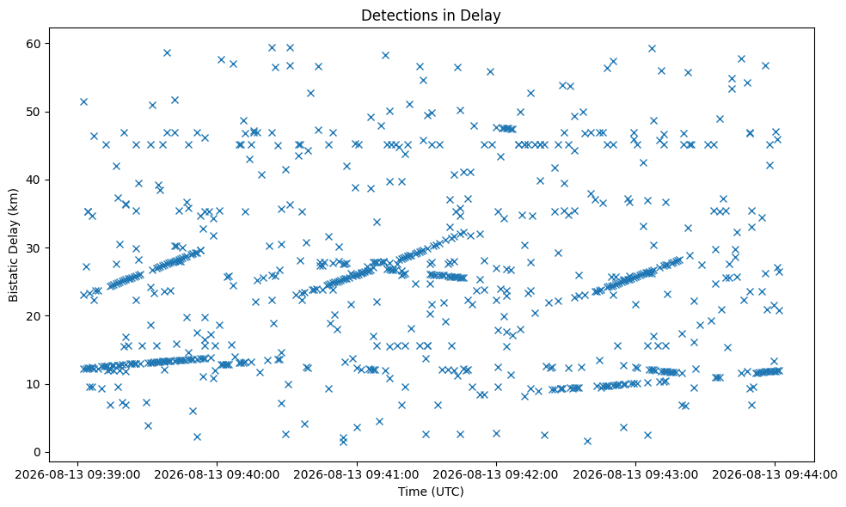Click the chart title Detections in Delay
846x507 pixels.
coord(431,15)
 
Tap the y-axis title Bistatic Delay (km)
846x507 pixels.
coord(13,245)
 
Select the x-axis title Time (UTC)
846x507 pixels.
coord(431,492)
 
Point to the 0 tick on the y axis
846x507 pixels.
coord(38,452)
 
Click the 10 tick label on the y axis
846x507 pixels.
coord(35,384)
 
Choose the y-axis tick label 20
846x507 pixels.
coord(35,316)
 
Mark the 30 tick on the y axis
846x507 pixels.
coord(35,248)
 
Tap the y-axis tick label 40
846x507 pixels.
coord(35,180)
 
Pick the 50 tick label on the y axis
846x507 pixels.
coord(35,112)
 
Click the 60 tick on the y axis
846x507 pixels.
coord(35,43)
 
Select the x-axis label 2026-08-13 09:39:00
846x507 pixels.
coord(77,475)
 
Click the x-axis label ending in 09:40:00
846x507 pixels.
coord(217,475)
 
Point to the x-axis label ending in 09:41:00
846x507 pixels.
coord(357,475)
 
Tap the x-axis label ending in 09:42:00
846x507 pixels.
coord(496,475)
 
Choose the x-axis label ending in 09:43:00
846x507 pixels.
coord(635,475)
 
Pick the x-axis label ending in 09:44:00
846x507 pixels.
coord(775,475)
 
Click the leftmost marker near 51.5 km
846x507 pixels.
coord(83,101)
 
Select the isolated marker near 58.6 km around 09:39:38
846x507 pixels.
coord(168,53)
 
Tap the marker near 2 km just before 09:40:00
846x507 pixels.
coord(197,437)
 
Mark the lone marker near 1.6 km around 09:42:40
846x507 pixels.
coord(587,441)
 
